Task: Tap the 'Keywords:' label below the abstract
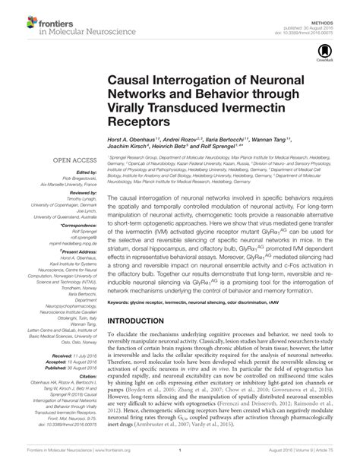point(121,302)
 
